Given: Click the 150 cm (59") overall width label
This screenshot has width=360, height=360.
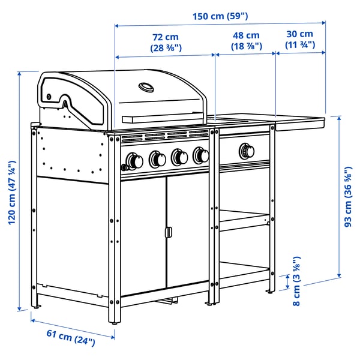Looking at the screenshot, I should pyautogui.click(x=220, y=16).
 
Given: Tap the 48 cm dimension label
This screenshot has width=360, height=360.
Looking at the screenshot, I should pyautogui.click(x=245, y=41).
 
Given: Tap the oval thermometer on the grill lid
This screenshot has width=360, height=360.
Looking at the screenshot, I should pyautogui.click(x=146, y=88).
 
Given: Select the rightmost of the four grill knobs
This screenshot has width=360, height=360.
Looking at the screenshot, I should pyautogui.click(x=201, y=156).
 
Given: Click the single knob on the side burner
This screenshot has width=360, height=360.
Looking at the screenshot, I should pyautogui.click(x=245, y=149).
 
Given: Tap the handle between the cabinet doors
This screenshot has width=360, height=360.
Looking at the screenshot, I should pyautogui.click(x=169, y=232).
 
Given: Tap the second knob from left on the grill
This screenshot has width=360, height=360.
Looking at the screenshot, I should pyautogui.click(x=157, y=159).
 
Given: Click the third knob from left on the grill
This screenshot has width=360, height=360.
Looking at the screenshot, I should pyautogui.click(x=179, y=157).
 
